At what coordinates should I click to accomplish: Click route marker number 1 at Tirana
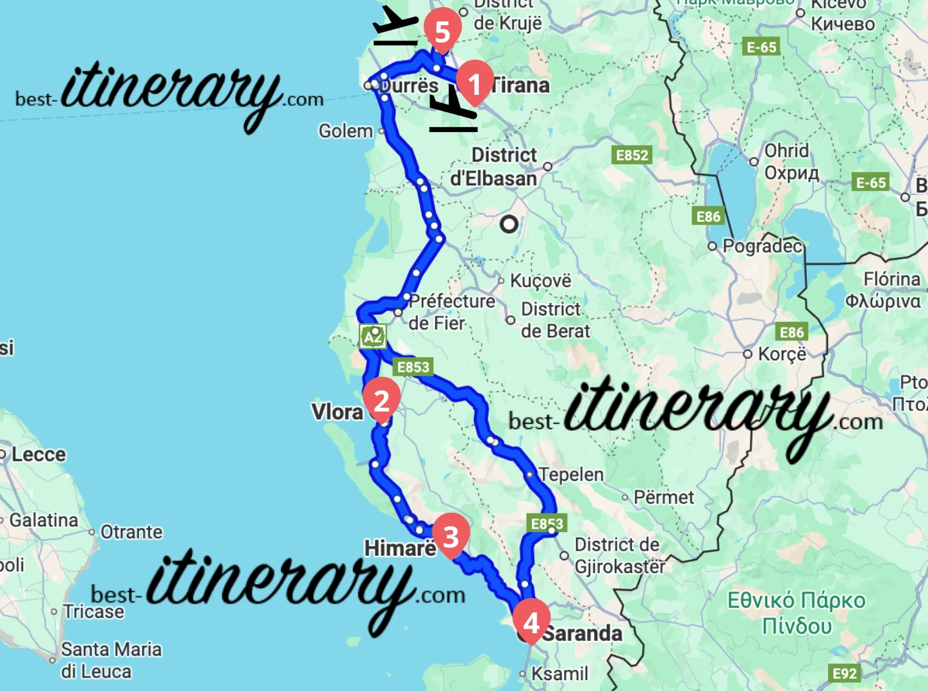click(474, 82)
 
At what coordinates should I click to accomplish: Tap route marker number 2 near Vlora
click(382, 400)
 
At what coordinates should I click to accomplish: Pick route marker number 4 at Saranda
click(531, 622)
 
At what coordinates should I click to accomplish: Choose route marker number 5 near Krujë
click(442, 30)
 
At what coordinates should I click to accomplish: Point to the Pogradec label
click(762, 246)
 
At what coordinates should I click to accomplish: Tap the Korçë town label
click(782, 354)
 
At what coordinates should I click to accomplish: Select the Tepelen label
click(571, 474)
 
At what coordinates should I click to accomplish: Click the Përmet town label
click(663, 497)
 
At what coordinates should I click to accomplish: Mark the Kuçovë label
click(540, 281)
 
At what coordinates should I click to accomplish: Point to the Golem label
click(345, 131)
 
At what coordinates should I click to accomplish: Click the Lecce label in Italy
click(38, 454)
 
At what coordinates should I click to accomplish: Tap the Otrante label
click(131, 532)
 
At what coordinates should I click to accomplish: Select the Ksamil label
click(559, 674)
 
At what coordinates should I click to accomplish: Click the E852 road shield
click(632, 155)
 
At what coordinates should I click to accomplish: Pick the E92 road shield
click(844, 674)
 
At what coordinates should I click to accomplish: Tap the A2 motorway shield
click(372, 336)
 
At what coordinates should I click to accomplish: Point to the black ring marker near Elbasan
click(510, 224)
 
